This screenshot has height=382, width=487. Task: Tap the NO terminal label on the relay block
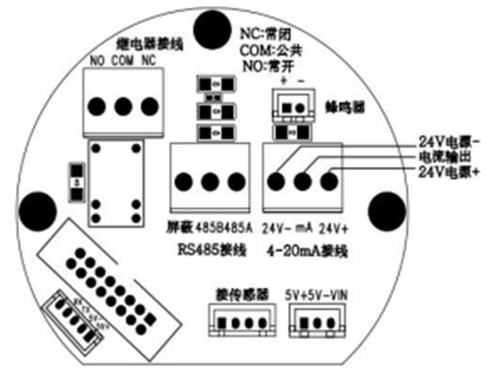[x=96, y=62]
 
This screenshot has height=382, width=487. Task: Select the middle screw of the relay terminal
[x=123, y=105]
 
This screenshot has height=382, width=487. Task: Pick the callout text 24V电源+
[x=449, y=172]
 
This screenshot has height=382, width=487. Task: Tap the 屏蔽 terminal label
[x=181, y=229]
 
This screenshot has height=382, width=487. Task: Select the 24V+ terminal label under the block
[x=332, y=229]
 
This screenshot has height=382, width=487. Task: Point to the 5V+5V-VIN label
[x=316, y=291]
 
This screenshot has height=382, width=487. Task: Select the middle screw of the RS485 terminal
[x=210, y=181]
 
